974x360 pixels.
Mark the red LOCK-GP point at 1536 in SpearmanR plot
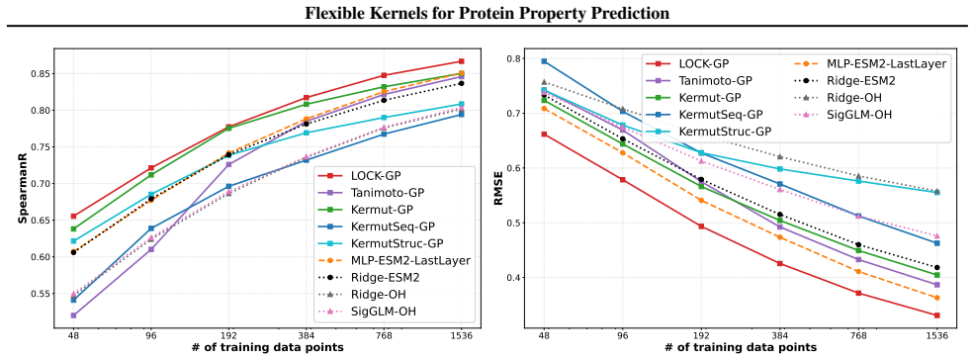coord(462,61)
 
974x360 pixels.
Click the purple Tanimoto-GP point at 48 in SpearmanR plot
coord(73,315)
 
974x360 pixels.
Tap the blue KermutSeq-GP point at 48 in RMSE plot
coord(544,61)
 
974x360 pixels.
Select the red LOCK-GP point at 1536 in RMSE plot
coord(936,315)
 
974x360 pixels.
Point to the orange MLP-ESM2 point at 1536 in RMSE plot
coord(936,298)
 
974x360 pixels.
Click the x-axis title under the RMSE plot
coord(740,347)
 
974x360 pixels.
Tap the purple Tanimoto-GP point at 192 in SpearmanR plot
coord(228,164)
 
